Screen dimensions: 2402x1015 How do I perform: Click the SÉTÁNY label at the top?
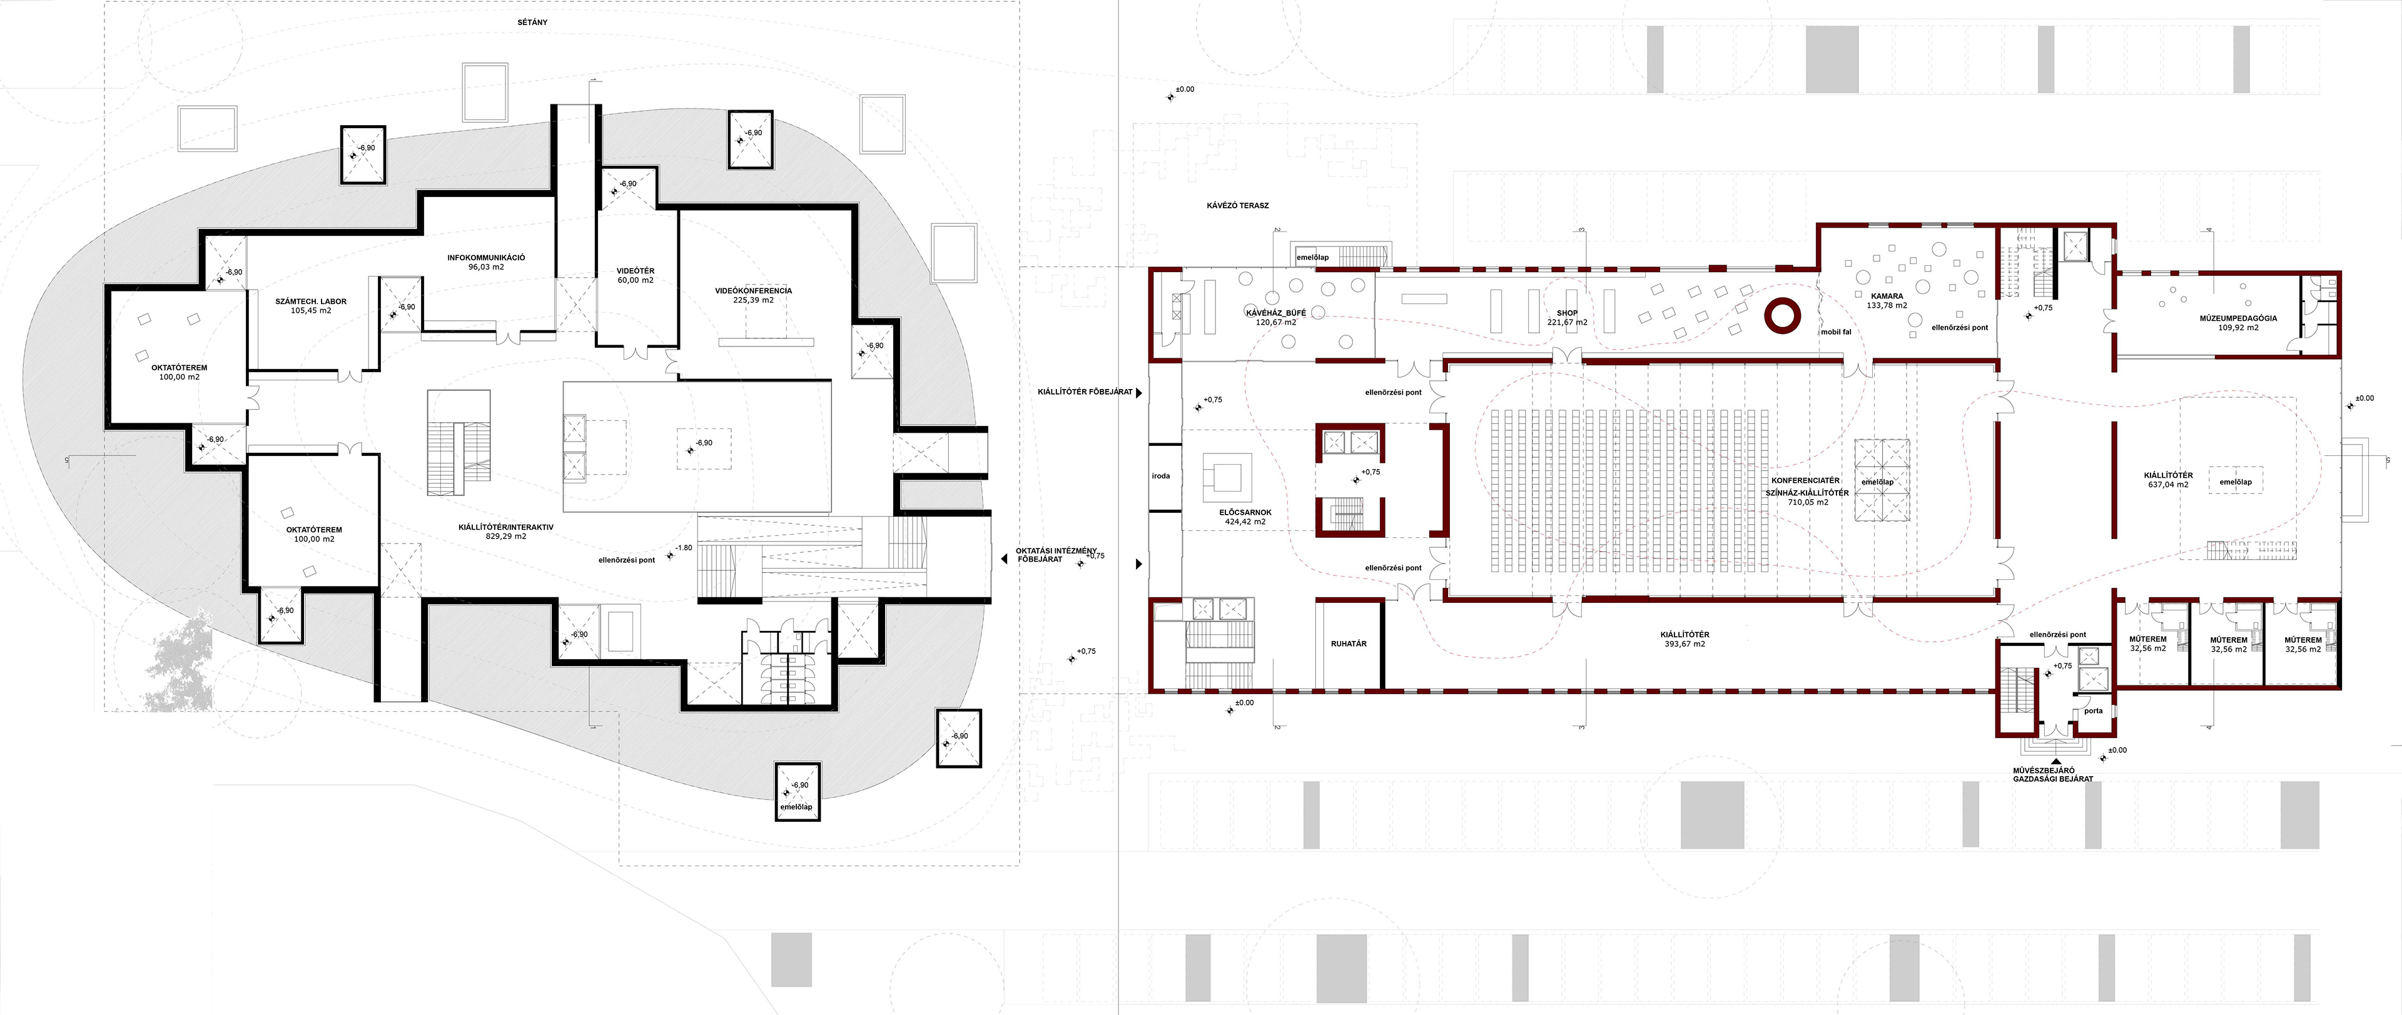[x=532, y=21]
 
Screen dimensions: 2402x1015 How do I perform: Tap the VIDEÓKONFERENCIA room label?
[x=753, y=291]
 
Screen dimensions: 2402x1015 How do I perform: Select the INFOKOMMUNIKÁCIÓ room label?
[x=486, y=257]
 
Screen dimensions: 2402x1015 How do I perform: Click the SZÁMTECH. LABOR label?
[x=310, y=301]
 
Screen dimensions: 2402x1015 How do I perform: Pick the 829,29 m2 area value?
[x=505, y=537]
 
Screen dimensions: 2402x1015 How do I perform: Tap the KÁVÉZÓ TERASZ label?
[x=1237, y=205]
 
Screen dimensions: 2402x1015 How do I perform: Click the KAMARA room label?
[x=1887, y=295]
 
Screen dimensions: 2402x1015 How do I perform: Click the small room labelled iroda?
[x=1161, y=477]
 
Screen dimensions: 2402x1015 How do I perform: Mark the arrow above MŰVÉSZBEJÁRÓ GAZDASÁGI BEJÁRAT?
[x=2050, y=762]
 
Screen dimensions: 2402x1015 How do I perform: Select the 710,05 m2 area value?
[x=1807, y=502]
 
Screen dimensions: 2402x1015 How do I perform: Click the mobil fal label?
[x=1836, y=332]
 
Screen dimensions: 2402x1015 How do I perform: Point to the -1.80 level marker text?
[x=684, y=548]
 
